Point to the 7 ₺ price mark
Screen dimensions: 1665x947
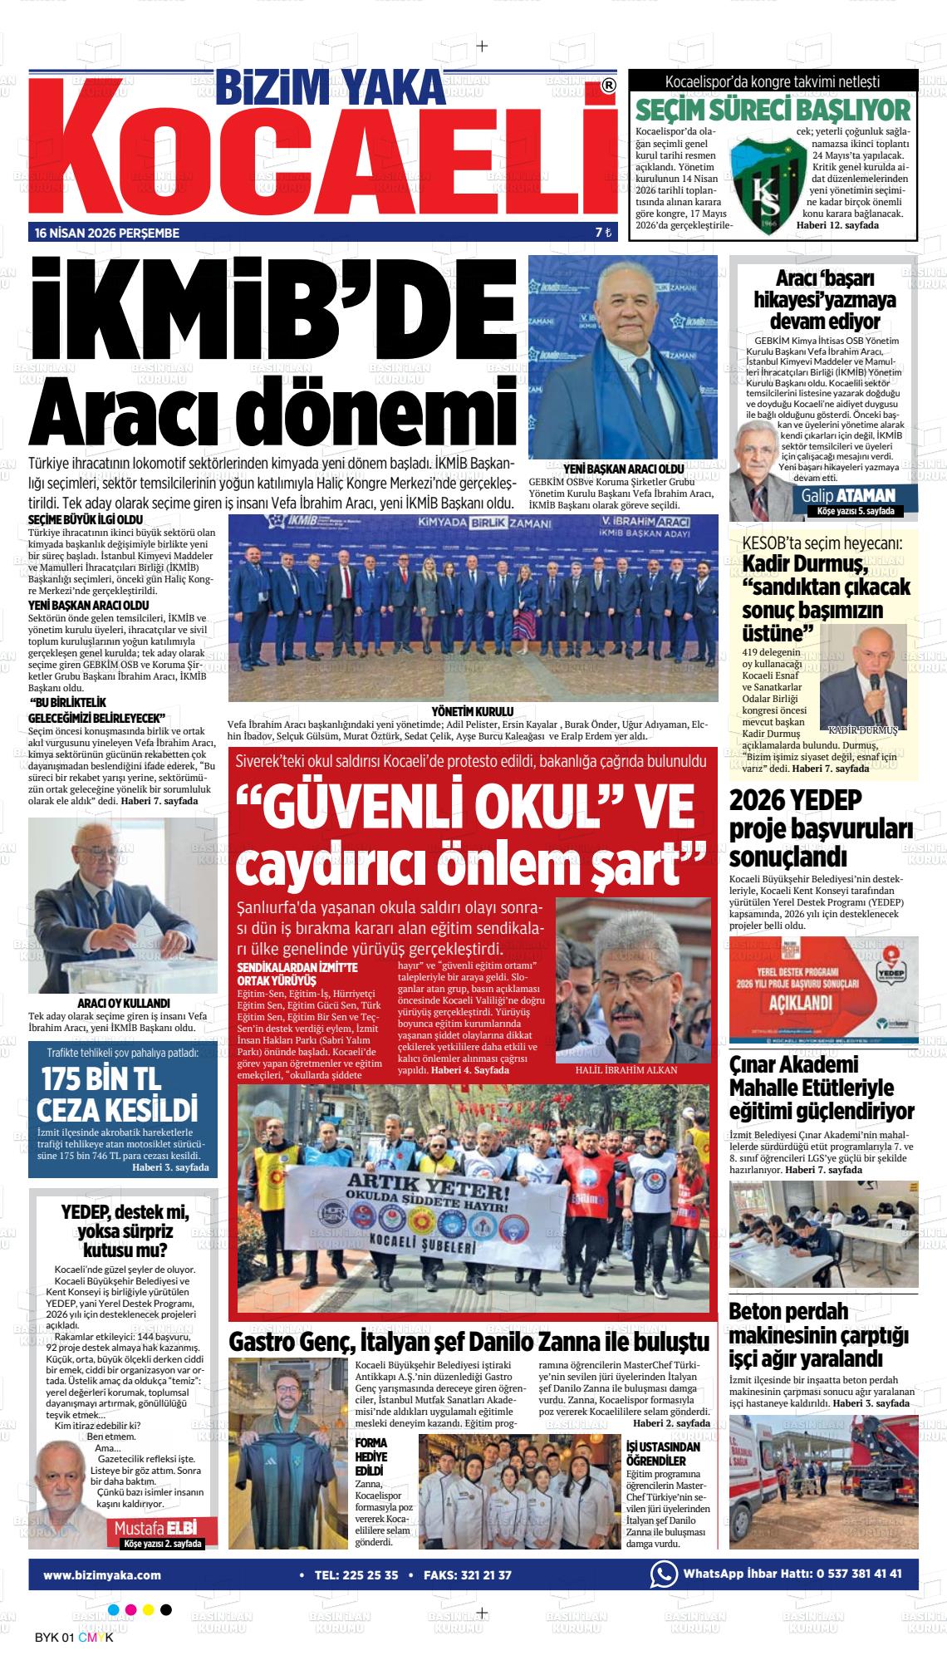click(603, 233)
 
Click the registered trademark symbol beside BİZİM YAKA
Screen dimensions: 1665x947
click(608, 85)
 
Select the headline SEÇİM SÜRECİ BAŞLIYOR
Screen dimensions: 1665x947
click(773, 111)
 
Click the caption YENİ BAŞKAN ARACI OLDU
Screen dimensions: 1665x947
click(623, 469)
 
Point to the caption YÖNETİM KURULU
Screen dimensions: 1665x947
click(472, 711)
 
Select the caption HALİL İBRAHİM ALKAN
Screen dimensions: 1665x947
click(626, 1070)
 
